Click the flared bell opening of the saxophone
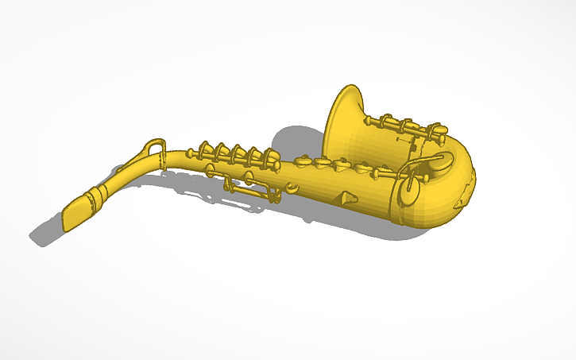344,120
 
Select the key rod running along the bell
401,125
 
